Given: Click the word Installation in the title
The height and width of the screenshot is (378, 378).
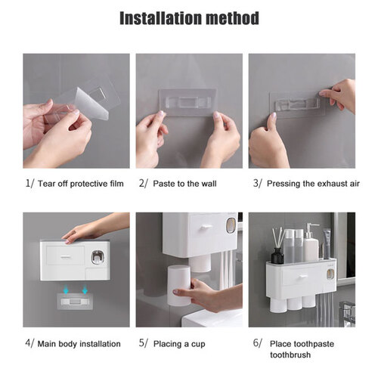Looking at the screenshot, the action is pyautogui.click(x=160, y=18).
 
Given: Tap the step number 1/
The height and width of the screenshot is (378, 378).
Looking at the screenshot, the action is pyautogui.click(x=29, y=184).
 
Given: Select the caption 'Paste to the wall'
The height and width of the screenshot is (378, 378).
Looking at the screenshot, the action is pyautogui.click(x=184, y=184).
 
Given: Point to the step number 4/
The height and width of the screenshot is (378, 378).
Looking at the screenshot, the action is pyautogui.click(x=29, y=343).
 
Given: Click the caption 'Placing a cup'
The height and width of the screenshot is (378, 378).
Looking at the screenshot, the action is pyautogui.click(x=179, y=344).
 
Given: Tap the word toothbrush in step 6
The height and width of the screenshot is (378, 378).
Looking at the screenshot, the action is pyautogui.click(x=290, y=355).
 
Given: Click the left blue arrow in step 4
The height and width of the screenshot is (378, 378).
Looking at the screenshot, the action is pyautogui.click(x=66, y=290).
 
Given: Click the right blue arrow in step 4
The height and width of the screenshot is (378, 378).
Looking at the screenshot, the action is pyautogui.click(x=85, y=290).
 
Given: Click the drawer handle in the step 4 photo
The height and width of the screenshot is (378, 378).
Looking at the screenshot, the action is pyautogui.click(x=65, y=257).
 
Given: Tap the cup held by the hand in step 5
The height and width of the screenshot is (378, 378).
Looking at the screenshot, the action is pyautogui.click(x=179, y=286).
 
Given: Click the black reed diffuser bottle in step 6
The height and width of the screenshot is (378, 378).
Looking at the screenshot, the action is pyautogui.click(x=277, y=256).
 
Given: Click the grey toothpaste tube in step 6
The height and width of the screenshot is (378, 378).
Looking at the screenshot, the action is pyautogui.click(x=327, y=243).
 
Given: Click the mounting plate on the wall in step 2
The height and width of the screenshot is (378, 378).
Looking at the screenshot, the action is pyautogui.click(x=188, y=102).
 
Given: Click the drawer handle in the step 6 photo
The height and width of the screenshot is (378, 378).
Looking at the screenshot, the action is pyautogui.click(x=303, y=277).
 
